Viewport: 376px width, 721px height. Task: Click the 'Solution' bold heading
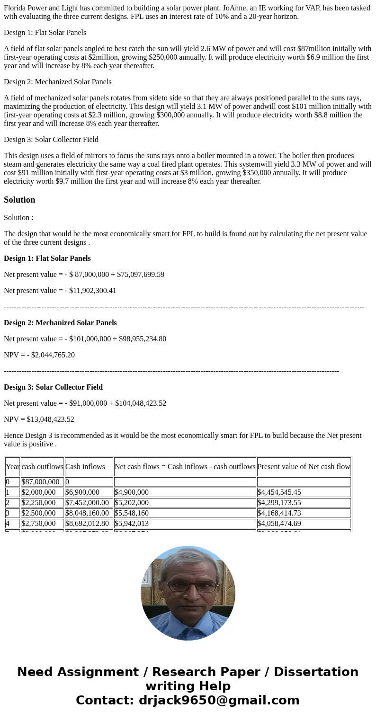tap(19, 200)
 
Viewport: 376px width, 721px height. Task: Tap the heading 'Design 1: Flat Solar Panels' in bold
tap(47, 258)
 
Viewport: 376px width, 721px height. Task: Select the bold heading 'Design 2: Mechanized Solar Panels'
tap(60, 323)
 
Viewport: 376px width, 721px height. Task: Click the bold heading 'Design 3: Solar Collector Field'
tap(53, 387)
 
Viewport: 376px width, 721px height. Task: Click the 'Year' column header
tap(13, 467)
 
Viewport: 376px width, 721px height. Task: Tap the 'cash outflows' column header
tap(42, 467)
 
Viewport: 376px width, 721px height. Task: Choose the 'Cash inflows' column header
tap(85, 467)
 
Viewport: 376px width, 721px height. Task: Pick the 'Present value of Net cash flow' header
tap(304, 467)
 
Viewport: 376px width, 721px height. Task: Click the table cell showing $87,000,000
tap(40, 482)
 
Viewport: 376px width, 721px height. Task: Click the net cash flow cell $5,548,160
tap(131, 513)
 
